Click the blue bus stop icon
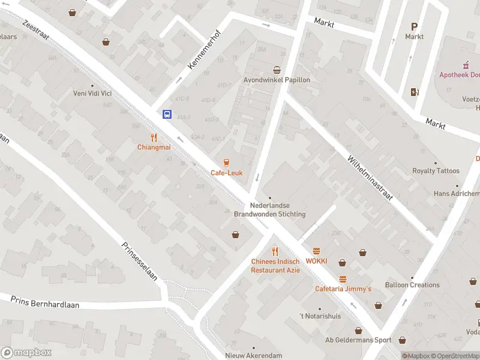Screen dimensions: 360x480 167,115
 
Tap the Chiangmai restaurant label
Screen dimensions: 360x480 154,147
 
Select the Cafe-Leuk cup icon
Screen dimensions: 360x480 226,163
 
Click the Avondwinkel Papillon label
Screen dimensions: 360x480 277,80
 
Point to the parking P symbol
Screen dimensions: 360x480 414,26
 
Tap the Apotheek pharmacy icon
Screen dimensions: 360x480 465,65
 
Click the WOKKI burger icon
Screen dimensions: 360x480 316,251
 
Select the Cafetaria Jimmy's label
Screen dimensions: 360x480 343,289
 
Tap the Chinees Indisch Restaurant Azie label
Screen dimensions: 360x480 275,266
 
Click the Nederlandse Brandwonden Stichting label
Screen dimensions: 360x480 269,210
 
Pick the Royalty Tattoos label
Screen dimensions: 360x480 436,171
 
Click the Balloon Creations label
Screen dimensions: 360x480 412,285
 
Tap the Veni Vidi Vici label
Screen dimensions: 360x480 92,93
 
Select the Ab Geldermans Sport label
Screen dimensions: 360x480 358,340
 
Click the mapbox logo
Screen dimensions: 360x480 26,352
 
